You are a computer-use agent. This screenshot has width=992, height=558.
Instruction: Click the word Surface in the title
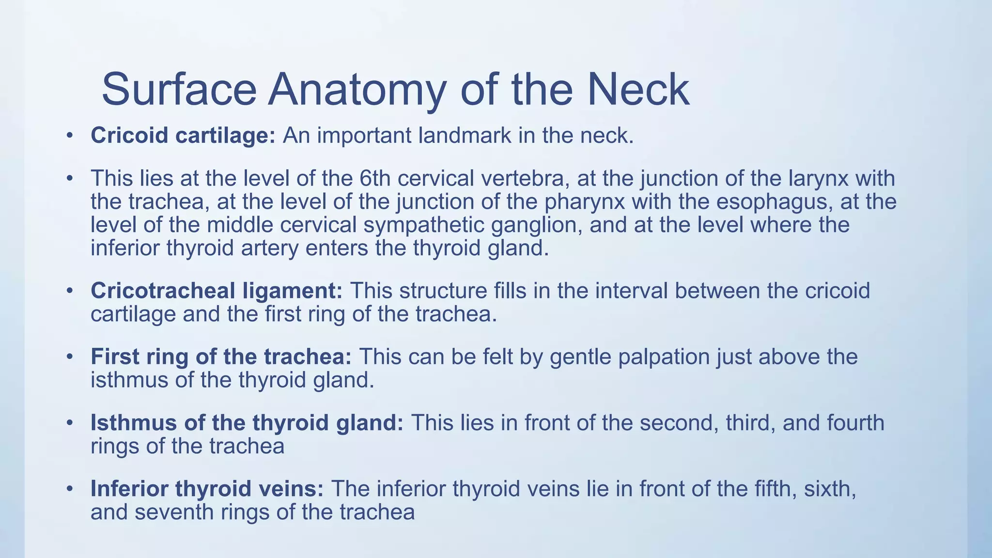179,90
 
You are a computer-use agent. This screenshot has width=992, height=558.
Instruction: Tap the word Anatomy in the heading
356,90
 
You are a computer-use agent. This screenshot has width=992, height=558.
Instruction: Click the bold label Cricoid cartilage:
183,136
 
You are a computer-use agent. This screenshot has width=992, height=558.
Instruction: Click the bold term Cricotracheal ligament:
217,291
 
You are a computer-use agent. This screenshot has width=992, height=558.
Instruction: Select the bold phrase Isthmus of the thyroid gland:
247,423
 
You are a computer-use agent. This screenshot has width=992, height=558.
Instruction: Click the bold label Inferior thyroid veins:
207,489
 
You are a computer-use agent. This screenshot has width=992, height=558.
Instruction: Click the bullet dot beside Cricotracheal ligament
70,291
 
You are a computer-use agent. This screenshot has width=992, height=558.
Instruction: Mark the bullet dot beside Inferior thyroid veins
70,489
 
